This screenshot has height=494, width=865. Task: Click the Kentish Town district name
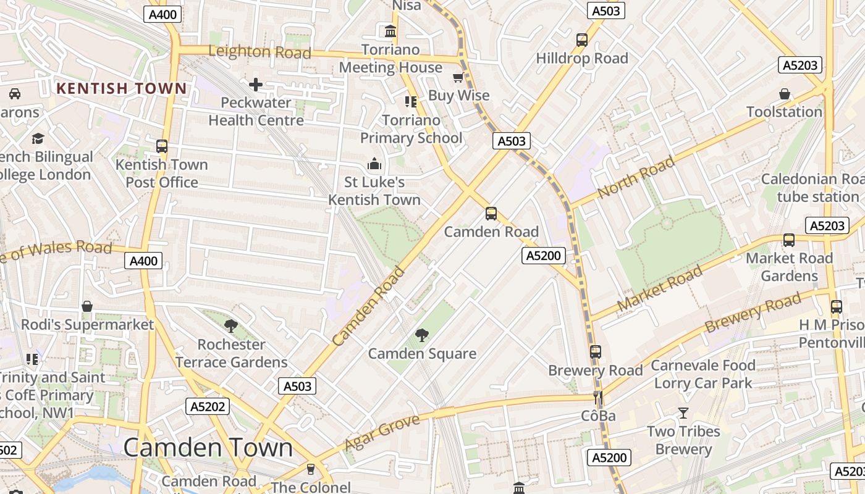click(121, 88)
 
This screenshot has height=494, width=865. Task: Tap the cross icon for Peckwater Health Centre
click(256, 85)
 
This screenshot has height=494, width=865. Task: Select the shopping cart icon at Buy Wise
click(458, 77)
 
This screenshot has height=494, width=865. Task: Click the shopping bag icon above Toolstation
click(784, 94)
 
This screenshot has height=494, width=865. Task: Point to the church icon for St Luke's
click(374, 164)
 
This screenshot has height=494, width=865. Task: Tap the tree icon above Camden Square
click(422, 335)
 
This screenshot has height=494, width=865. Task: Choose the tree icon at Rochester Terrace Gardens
click(231, 325)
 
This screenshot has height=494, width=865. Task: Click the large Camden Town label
click(208, 447)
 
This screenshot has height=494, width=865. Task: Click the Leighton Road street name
click(259, 52)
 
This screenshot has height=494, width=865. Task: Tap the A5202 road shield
click(208, 406)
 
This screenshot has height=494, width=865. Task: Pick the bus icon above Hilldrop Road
click(581, 40)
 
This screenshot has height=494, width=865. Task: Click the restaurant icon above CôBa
click(597, 398)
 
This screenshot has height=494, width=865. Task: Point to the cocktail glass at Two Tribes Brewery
click(683, 412)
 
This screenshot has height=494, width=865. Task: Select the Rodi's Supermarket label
click(87, 324)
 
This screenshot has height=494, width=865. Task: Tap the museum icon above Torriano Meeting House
click(390, 31)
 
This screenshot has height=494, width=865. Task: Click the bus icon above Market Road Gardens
click(788, 240)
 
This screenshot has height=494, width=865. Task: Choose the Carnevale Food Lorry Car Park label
click(703, 374)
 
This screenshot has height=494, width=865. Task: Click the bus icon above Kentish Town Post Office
click(162, 146)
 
